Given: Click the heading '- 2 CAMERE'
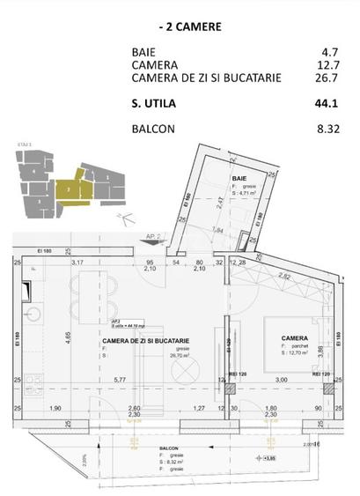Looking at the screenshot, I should (x=180, y=26).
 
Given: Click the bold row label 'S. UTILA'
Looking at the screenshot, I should (x=154, y=103).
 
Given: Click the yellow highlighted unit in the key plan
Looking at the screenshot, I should (x=65, y=187).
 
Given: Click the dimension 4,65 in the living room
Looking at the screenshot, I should (x=68, y=335).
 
